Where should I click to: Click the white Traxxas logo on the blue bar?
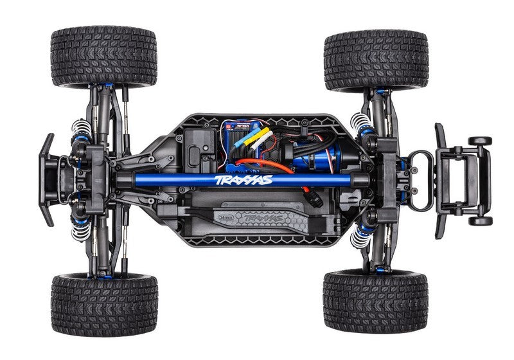(244, 179)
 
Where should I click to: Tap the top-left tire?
(103, 56)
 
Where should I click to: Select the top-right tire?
(376, 59)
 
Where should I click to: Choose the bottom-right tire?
(376, 301)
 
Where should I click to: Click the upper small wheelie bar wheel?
(479, 141)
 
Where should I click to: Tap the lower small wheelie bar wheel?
(479, 221)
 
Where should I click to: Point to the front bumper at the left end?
(47, 180)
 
